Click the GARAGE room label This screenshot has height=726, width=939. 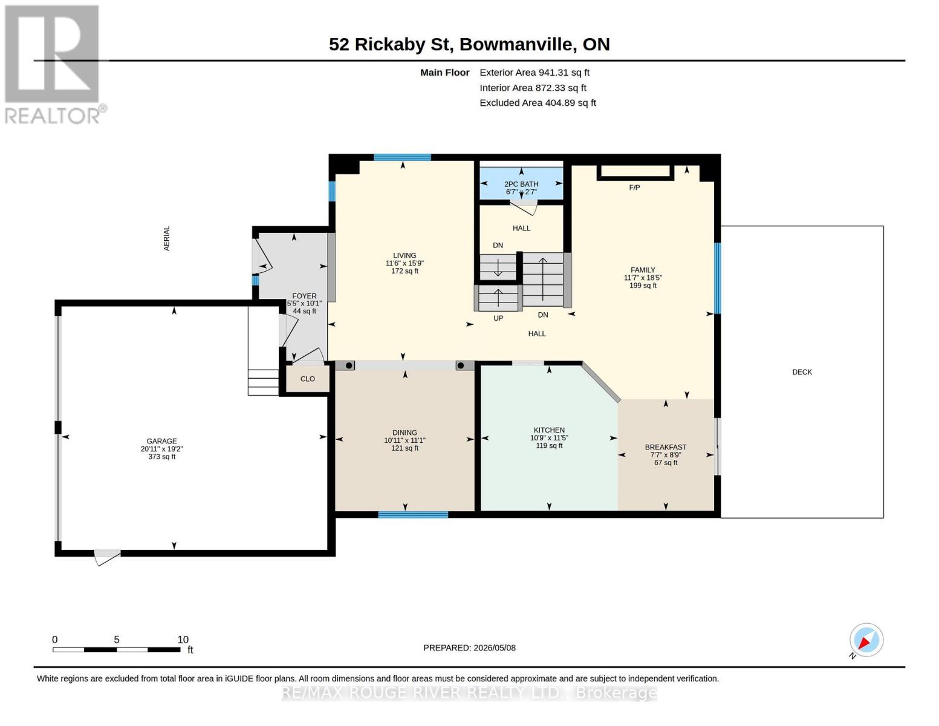pos(161,441)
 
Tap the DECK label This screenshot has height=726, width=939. pos(802,372)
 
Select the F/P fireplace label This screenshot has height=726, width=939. pos(634,188)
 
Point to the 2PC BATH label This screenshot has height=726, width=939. pos(521,184)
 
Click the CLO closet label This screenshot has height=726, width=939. pos(307,379)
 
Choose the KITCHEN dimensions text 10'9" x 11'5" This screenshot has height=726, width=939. pos(549,438)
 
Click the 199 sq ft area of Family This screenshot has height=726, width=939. pos(643,286)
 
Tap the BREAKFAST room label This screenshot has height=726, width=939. pos(666,447)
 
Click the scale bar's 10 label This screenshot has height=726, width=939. pos(183,639)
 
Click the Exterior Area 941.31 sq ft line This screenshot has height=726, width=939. pos(534,73)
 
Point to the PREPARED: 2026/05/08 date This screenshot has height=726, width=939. pos(469,648)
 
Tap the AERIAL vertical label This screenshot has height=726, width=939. pos(166,238)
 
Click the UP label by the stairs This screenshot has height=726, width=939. pos(498,318)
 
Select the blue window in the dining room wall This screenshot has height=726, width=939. pos(413,515)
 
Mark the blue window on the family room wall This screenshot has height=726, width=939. pos(717,278)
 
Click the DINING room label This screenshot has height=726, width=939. pos(405,433)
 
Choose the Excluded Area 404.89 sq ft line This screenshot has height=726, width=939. pos(538,103)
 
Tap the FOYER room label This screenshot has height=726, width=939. pos(304,296)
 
